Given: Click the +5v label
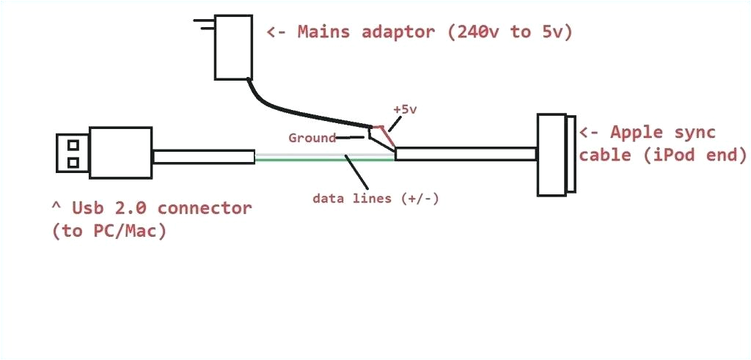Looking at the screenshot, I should (404, 109).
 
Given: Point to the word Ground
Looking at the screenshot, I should (312, 138).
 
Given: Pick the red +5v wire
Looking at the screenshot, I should (387, 135).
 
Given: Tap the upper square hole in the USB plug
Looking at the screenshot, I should (73, 144).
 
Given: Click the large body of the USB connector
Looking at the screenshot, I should (120, 153).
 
